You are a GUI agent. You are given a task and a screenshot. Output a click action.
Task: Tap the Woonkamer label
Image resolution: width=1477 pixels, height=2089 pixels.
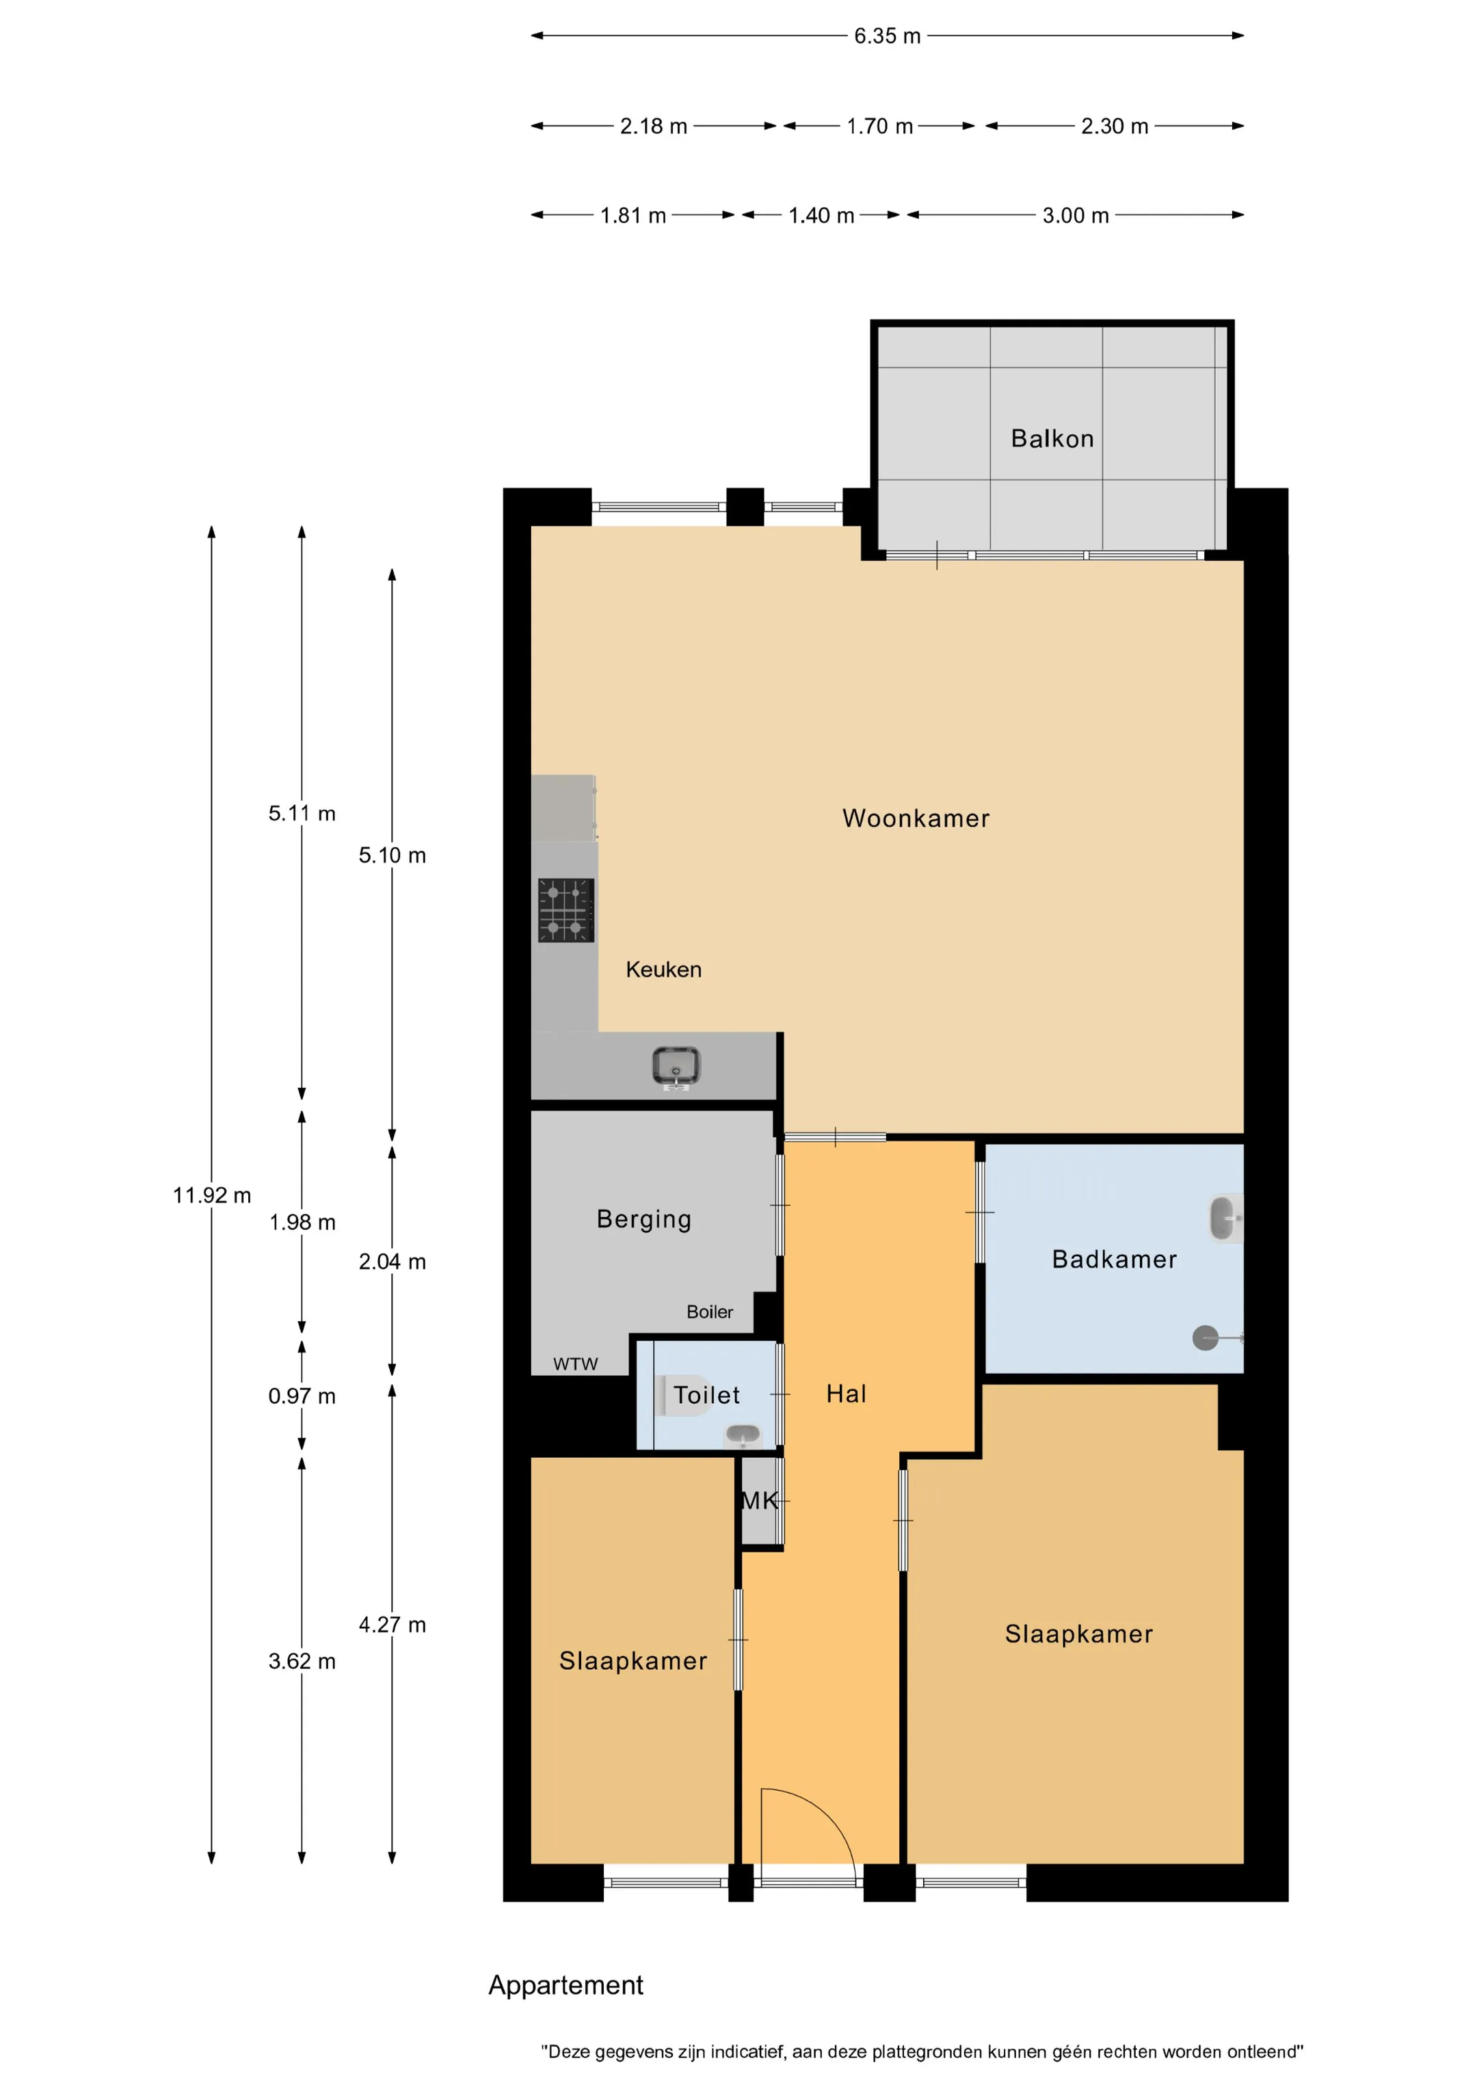coord(916,818)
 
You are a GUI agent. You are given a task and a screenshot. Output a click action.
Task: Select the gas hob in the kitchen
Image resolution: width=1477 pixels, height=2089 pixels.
coord(566,910)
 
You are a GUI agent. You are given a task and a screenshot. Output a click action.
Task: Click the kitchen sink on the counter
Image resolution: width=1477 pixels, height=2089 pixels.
coord(676,1066)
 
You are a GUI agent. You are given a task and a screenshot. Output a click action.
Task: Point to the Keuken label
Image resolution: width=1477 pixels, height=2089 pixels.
coord(663,969)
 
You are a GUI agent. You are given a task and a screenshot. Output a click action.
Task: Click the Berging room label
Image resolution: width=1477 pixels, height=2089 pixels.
coord(644,1220)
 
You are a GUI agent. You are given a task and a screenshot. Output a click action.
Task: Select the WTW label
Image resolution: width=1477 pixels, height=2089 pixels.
coord(575,1364)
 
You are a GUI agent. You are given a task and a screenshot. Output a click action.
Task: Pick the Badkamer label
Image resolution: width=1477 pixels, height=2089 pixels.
coord(1114,1260)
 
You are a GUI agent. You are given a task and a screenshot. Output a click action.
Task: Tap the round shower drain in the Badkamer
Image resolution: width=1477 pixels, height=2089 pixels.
coord(1205,1338)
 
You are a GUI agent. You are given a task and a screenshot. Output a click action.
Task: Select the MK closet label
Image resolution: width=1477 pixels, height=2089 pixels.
coord(760,1500)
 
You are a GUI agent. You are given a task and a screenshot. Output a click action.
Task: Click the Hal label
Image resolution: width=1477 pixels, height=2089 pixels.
coord(847,1394)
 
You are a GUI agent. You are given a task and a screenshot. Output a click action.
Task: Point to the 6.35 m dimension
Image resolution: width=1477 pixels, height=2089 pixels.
coord(888,36)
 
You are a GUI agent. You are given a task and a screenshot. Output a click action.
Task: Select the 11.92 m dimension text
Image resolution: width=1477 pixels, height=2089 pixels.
coord(212,1195)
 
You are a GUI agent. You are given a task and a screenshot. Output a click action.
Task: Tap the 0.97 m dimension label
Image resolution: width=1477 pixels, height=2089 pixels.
coord(302,1396)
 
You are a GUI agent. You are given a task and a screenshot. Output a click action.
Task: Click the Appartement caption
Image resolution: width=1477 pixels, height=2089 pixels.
coord(566,1985)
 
